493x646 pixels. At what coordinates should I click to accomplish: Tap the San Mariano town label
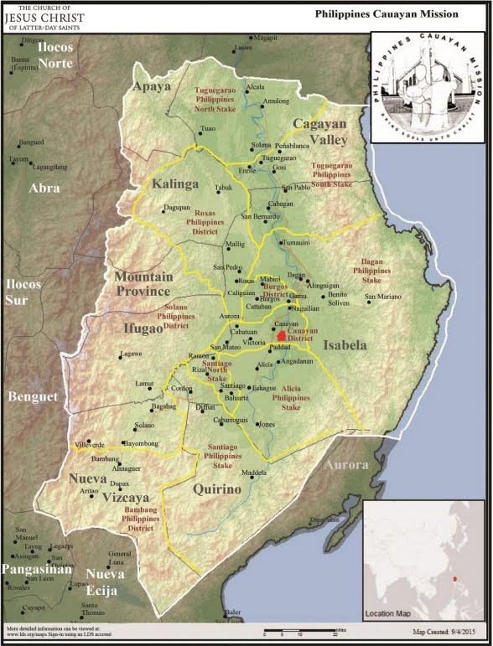click(382, 297)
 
